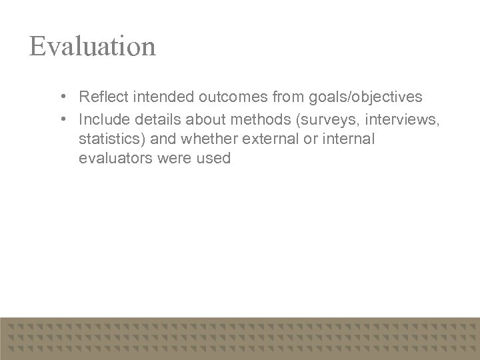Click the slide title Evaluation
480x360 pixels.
pyautogui.click(x=93, y=46)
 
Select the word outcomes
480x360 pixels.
pyautogui.click(x=231, y=97)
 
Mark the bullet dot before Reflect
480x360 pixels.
pyautogui.click(x=61, y=97)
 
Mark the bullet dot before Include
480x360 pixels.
pyautogui.click(x=61, y=118)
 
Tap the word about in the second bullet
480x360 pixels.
pyautogui.click(x=203, y=118)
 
